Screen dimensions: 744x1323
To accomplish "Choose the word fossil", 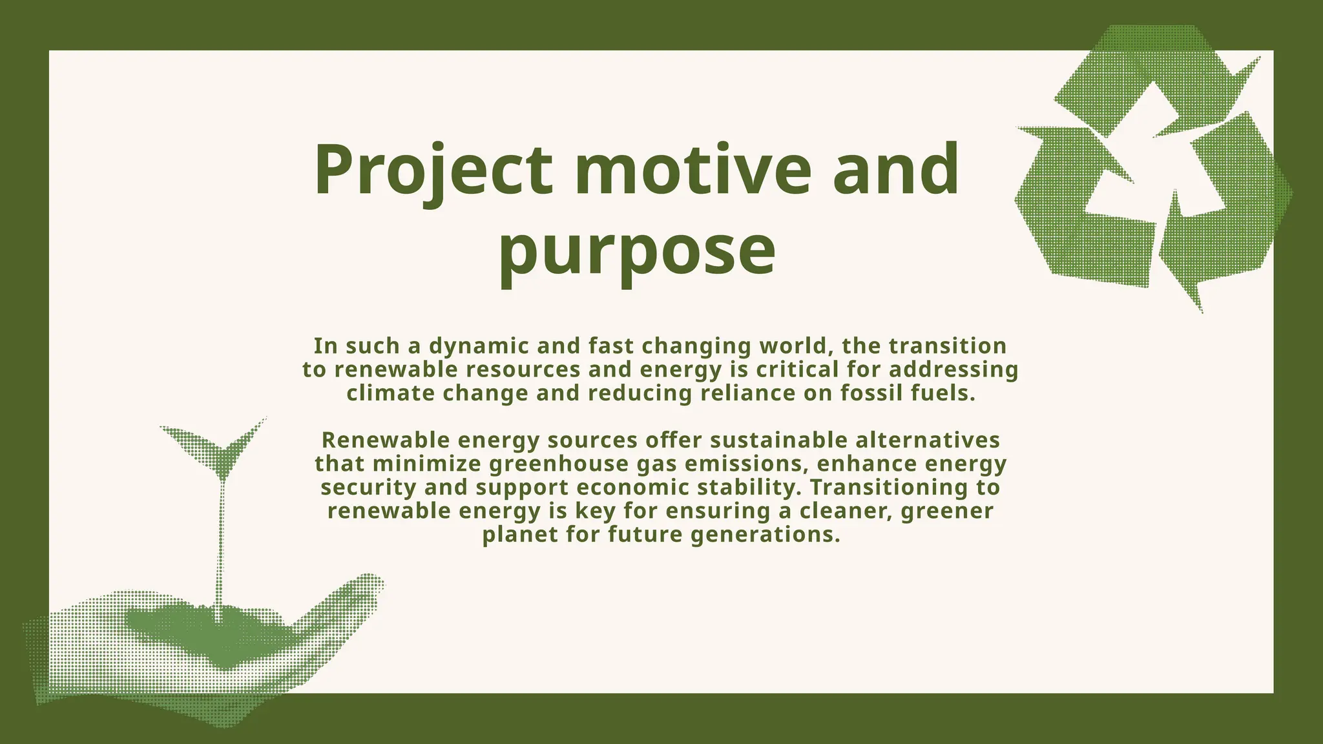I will click(873, 393).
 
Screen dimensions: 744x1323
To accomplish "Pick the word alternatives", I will click(928, 440).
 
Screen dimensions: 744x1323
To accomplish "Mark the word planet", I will click(520, 535).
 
